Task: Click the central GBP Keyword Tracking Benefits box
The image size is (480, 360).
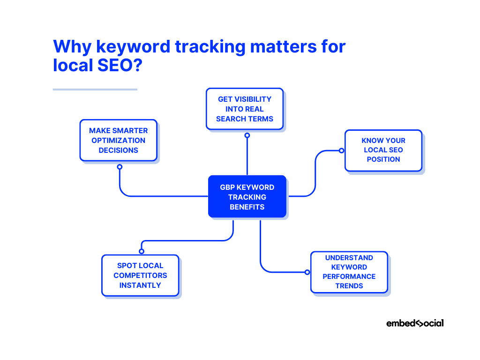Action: [247, 196]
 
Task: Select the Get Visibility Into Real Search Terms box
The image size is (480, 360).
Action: [245, 109]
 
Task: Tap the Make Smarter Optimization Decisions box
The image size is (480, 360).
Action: [119, 140]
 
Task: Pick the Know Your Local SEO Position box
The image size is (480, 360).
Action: [383, 150]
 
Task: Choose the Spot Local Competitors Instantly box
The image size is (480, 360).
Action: [140, 276]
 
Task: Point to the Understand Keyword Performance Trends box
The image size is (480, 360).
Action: [349, 272]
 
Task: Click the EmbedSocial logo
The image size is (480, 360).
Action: [415, 323]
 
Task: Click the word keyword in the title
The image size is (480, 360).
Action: [133, 47]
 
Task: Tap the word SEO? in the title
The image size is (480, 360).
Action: [120, 65]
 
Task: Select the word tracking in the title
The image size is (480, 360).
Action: [210, 47]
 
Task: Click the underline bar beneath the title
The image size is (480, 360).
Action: [95, 90]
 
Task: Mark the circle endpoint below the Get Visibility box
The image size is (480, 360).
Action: [247, 135]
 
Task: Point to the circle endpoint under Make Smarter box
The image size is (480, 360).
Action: [120, 167]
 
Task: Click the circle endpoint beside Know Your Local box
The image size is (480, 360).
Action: [341, 150]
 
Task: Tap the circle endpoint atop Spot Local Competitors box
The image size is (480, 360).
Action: [142, 251]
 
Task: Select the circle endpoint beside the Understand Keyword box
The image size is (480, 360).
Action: [307, 272]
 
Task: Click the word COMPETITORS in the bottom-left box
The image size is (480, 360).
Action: [140, 276]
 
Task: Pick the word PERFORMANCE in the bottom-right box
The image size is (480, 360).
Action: [349, 277]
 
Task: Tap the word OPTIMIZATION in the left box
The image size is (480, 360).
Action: [119, 141]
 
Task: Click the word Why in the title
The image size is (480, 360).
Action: [72, 47]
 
